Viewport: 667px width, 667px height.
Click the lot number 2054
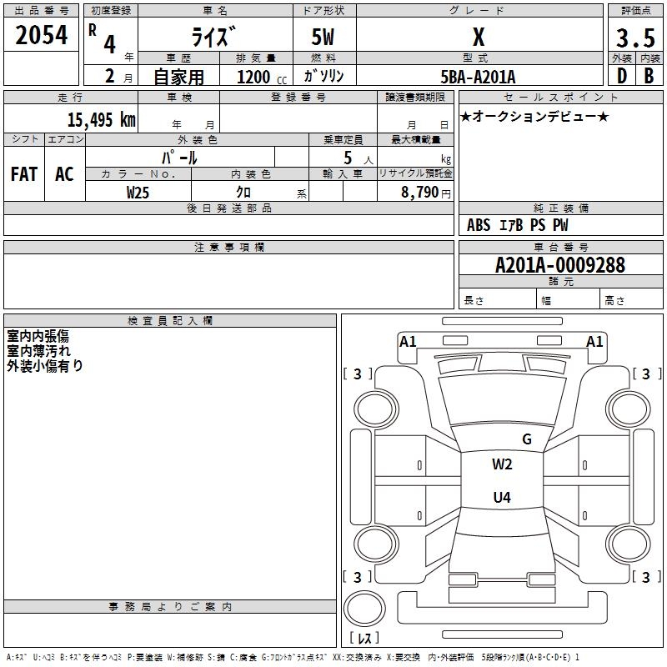point(42,36)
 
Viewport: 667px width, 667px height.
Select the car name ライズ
point(214,38)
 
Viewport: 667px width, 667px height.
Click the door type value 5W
point(323,38)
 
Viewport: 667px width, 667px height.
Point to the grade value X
point(479,38)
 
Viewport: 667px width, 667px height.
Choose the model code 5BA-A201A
point(478,77)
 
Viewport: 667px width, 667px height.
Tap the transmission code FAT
point(23,173)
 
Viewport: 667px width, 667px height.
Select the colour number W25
point(138,192)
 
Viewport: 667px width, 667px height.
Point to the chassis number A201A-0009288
point(559,266)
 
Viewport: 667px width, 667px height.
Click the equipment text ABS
point(479,225)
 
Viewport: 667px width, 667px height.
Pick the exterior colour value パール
point(178,158)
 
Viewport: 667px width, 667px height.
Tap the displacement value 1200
point(253,77)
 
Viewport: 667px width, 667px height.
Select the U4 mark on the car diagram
point(501,498)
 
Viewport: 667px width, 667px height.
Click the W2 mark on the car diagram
point(501,464)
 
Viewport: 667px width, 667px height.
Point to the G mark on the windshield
point(526,439)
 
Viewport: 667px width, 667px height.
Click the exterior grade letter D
point(621,76)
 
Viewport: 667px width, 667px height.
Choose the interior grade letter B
point(649,76)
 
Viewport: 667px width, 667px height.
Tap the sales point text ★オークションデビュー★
point(534,116)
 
